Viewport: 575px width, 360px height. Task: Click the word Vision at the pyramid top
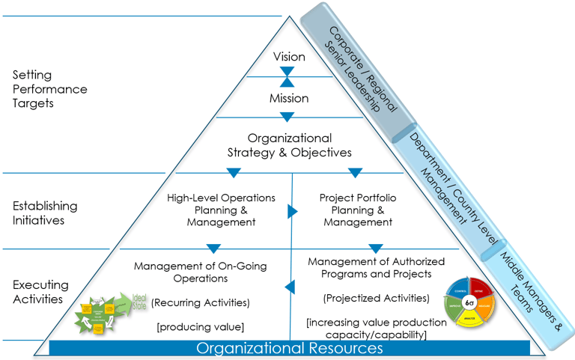tap(289, 57)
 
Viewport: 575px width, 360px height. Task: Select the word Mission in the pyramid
tap(289, 98)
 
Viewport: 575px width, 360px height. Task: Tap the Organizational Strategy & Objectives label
tap(289, 145)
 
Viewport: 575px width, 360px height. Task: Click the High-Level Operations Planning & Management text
tap(220, 210)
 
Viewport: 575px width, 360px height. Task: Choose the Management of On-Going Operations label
tap(200, 272)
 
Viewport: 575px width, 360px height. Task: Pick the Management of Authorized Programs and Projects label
tap(376, 267)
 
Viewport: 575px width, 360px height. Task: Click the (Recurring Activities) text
tap(200, 302)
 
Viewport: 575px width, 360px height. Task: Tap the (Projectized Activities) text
tap(376, 298)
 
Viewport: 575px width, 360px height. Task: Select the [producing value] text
tap(200, 326)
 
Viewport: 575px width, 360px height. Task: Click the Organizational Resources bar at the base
tap(289, 348)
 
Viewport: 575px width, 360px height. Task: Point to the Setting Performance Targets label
tap(49, 89)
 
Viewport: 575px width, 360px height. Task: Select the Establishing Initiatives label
tap(44, 213)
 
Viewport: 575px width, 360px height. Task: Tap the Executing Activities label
tap(40, 292)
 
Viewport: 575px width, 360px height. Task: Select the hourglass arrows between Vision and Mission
tap(287, 78)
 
